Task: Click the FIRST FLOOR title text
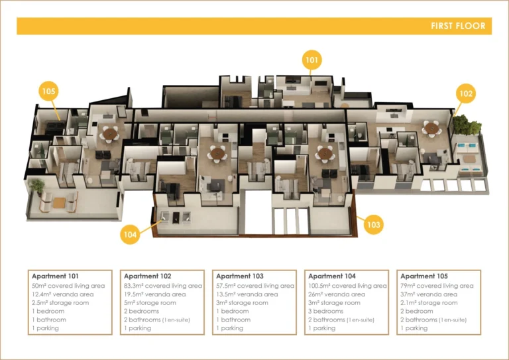coord(457,27)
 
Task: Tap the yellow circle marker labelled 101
coord(312,60)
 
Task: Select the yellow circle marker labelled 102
coord(466,94)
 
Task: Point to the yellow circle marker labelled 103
coord(373,225)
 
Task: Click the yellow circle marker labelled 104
coord(130,234)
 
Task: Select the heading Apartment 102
coord(147,276)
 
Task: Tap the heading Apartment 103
coord(239,276)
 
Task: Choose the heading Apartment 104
coord(332,276)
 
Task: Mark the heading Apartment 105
coord(424,276)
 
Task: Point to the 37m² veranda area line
coord(429,294)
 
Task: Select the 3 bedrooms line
coord(325,312)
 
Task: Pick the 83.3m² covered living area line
coord(163,286)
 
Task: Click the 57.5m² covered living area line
coord(255,286)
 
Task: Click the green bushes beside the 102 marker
coord(469,125)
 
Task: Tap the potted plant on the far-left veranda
coord(36,186)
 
